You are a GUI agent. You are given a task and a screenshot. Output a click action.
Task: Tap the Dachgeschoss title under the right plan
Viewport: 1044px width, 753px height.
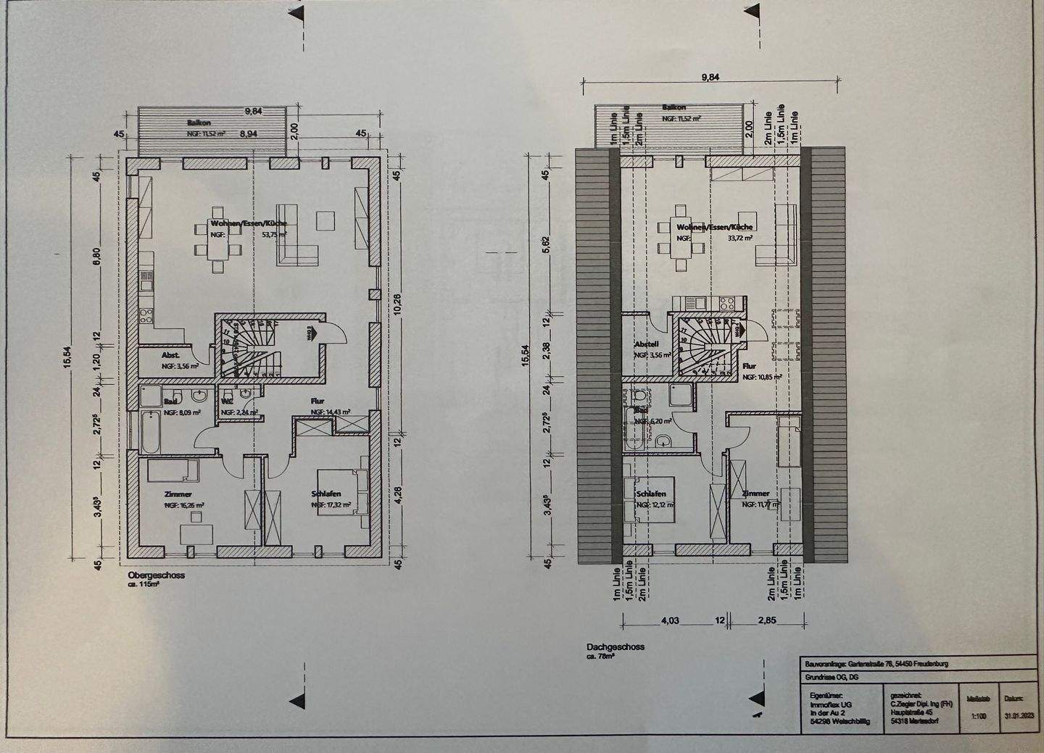(616, 647)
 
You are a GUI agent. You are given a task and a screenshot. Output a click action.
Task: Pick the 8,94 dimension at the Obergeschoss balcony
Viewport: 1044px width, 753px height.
(249, 134)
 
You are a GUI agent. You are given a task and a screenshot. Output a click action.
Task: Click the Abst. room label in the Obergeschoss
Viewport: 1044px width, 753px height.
(171, 355)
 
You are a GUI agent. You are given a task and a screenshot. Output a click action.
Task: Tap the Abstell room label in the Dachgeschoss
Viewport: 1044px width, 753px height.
(646, 344)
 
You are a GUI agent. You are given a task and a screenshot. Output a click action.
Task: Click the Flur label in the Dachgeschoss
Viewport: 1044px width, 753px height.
(749, 367)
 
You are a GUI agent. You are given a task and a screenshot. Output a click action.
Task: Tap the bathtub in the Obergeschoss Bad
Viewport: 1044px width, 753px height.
(145, 430)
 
